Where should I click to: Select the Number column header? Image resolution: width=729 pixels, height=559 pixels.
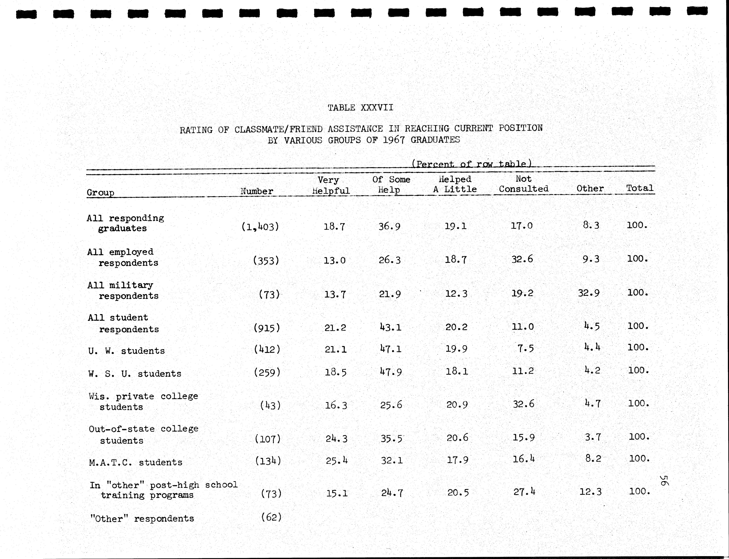pos(257,191)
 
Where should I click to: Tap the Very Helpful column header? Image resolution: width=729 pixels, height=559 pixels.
pos(330,185)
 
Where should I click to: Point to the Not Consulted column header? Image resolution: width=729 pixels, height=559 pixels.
pos(523,184)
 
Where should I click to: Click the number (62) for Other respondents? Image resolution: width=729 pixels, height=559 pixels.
pos(271,517)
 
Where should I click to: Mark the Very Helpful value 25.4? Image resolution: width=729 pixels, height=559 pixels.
pos(337,461)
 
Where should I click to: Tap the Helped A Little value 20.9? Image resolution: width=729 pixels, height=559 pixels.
pos(457,405)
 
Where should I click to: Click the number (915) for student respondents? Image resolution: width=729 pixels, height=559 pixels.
pos(267,328)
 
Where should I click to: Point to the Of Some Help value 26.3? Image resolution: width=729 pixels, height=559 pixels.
pos(390,260)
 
